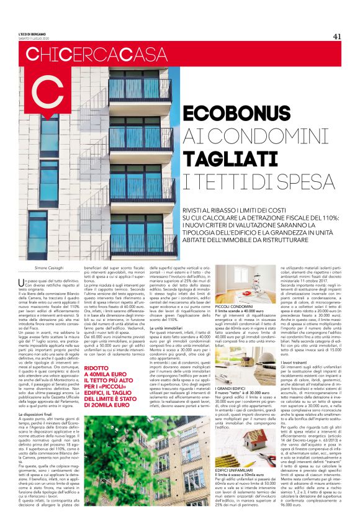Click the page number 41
point(337,35)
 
